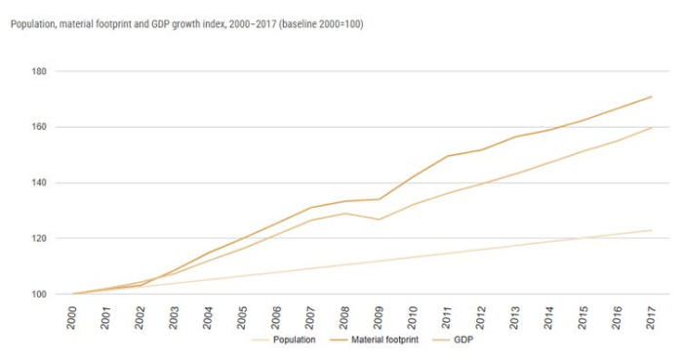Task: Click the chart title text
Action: pyautogui.click(x=186, y=23)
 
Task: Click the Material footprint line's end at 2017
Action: pyautogui.click(x=651, y=97)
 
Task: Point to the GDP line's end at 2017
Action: pyautogui.click(x=651, y=128)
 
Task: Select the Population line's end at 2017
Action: pyautogui.click(x=651, y=230)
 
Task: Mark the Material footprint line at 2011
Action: pyautogui.click(x=447, y=156)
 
